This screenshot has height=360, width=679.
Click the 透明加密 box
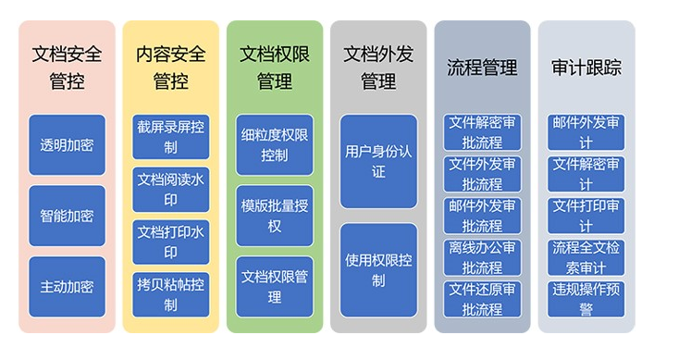(67, 145)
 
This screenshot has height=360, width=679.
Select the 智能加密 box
(67, 216)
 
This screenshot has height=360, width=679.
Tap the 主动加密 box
(67, 286)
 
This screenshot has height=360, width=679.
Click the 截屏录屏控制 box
(170, 137)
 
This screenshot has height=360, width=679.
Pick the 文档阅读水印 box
(170, 188)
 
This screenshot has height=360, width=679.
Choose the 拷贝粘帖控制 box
(170, 292)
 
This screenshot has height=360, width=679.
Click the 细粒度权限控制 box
(275, 144)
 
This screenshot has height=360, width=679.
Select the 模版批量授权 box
(275, 215)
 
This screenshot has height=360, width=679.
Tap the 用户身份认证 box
(378, 160)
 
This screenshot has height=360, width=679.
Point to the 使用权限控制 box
(378, 268)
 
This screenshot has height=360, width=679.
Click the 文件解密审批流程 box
(482, 132)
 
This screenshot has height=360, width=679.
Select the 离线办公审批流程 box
(482, 258)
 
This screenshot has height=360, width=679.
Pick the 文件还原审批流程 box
(482, 299)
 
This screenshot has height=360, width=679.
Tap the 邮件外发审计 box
(586, 132)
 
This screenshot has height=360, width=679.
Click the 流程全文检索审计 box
(586, 257)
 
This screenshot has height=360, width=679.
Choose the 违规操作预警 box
(586, 299)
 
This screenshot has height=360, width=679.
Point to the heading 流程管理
(482, 68)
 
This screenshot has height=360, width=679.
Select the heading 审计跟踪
(586, 68)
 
